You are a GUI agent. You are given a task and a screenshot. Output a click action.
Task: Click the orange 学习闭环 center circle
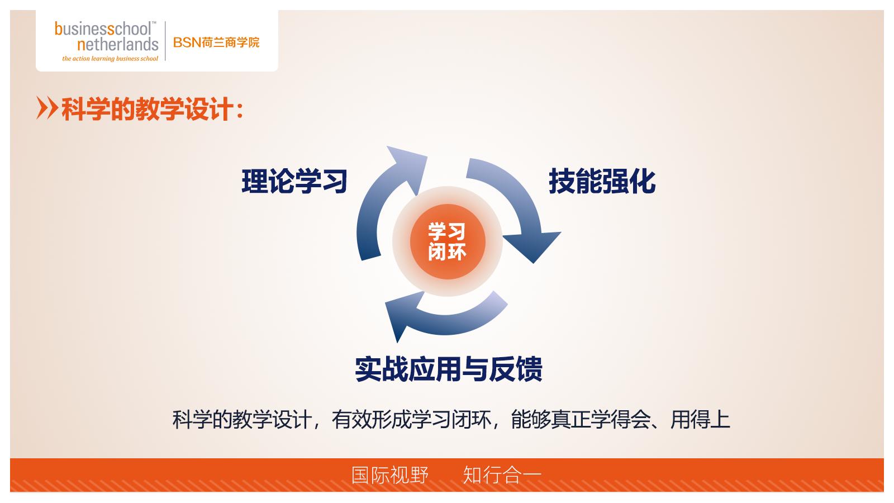[447, 242]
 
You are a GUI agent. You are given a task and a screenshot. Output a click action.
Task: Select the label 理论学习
[294, 181]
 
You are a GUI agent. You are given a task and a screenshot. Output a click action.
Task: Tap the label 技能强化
[602, 181]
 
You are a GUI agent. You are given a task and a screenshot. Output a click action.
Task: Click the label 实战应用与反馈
[448, 369]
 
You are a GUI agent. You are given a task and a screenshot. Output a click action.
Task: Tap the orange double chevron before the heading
[47, 108]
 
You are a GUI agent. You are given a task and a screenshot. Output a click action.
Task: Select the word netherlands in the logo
[117, 44]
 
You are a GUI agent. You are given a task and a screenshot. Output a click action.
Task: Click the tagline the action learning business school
[110, 58]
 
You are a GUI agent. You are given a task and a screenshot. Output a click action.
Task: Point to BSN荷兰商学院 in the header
[216, 42]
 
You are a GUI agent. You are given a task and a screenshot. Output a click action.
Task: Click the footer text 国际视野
[390, 475]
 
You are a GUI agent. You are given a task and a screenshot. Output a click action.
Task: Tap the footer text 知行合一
[502, 475]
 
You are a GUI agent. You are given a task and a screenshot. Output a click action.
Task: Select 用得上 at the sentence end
[700, 419]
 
